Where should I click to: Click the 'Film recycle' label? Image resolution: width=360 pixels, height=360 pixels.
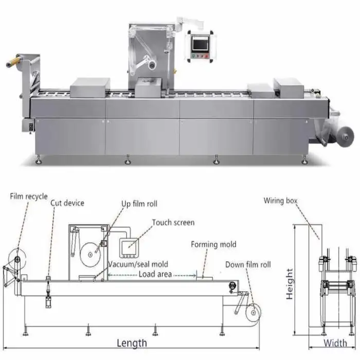29,196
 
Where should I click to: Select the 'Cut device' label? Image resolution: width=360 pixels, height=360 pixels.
67,203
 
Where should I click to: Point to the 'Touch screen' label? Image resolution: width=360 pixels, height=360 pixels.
173,223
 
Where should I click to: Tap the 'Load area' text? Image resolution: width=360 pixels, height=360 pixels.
155,274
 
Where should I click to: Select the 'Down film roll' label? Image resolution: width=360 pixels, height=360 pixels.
248,265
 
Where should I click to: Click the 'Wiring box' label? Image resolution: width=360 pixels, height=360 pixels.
281,201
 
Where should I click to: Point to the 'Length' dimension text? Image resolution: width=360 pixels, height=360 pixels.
132,343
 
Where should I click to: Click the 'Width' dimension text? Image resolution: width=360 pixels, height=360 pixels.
335,343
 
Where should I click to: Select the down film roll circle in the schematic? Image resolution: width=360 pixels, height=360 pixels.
253,312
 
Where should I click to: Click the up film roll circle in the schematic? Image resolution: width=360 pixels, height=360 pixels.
91,253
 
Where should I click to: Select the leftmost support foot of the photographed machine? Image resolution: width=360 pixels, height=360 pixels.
39,161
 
